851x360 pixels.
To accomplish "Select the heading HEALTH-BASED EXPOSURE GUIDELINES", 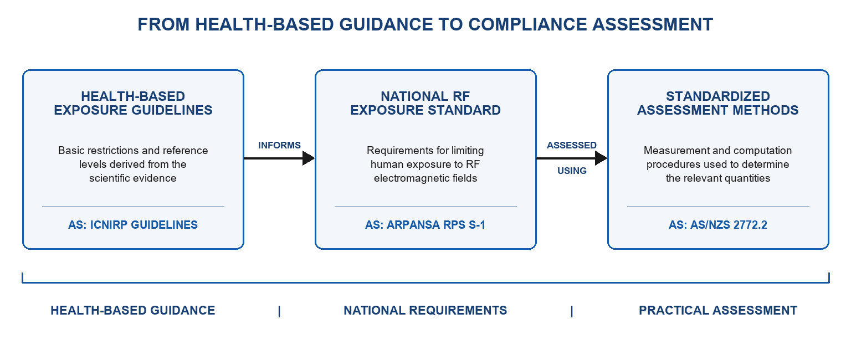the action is [133, 103].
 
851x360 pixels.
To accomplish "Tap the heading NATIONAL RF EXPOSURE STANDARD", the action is [425, 103].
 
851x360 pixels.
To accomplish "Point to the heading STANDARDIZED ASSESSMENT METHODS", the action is [718, 103].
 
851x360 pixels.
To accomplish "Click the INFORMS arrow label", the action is [279, 145].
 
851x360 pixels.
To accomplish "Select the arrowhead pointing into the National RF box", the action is [309, 158].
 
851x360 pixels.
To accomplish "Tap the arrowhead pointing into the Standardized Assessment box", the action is [601, 158].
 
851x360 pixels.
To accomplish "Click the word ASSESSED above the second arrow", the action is [572, 145].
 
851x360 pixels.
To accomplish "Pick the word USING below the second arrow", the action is [572, 171].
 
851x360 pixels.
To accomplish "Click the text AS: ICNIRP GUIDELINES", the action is [133, 225].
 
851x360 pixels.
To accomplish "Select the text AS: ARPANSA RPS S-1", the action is [425, 225].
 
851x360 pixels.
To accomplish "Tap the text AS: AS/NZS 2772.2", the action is [718, 225].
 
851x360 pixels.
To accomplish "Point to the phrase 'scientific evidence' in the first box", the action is [132, 178].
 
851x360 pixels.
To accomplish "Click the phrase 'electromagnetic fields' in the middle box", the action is [425, 178].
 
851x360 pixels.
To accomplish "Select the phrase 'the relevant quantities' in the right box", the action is [718, 178].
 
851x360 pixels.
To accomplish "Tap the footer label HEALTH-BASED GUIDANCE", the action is [133, 310].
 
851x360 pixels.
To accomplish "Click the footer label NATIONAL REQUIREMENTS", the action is [425, 310].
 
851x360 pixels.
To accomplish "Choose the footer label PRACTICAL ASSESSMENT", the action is [718, 310].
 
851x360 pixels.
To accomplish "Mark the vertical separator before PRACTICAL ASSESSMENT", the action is [572, 311].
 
